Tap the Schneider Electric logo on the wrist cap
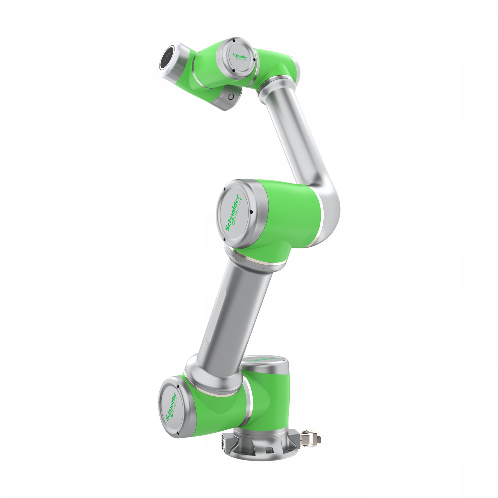click(x=240, y=57)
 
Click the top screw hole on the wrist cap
click(x=234, y=41)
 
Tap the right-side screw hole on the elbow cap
click(x=251, y=212)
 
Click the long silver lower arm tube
click(x=232, y=312)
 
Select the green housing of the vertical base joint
click(x=269, y=398)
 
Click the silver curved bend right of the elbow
click(x=329, y=206)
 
